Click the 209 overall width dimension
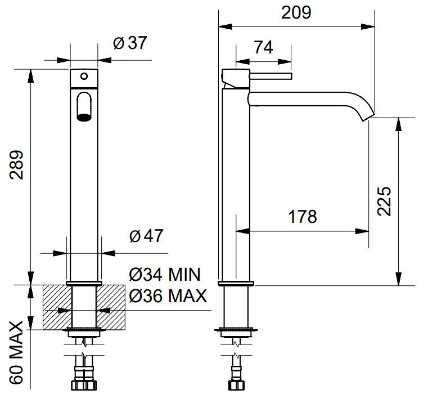click(296, 13)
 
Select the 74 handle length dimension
click(263, 47)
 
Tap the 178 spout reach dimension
click(303, 217)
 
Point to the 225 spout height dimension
click(384, 201)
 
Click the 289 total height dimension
click(16, 164)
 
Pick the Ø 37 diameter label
click(130, 43)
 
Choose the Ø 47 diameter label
click(146, 236)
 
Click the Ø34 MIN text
click(165, 274)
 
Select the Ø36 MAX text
click(168, 295)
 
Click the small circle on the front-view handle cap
click(84, 76)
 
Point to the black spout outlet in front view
click(84, 117)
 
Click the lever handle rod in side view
click(271, 76)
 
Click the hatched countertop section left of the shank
click(57, 307)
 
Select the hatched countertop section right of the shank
click(111, 307)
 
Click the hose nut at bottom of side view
click(236, 385)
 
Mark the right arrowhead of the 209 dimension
click(368, 26)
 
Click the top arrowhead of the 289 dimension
click(30, 75)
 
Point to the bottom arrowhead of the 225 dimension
click(399, 279)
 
